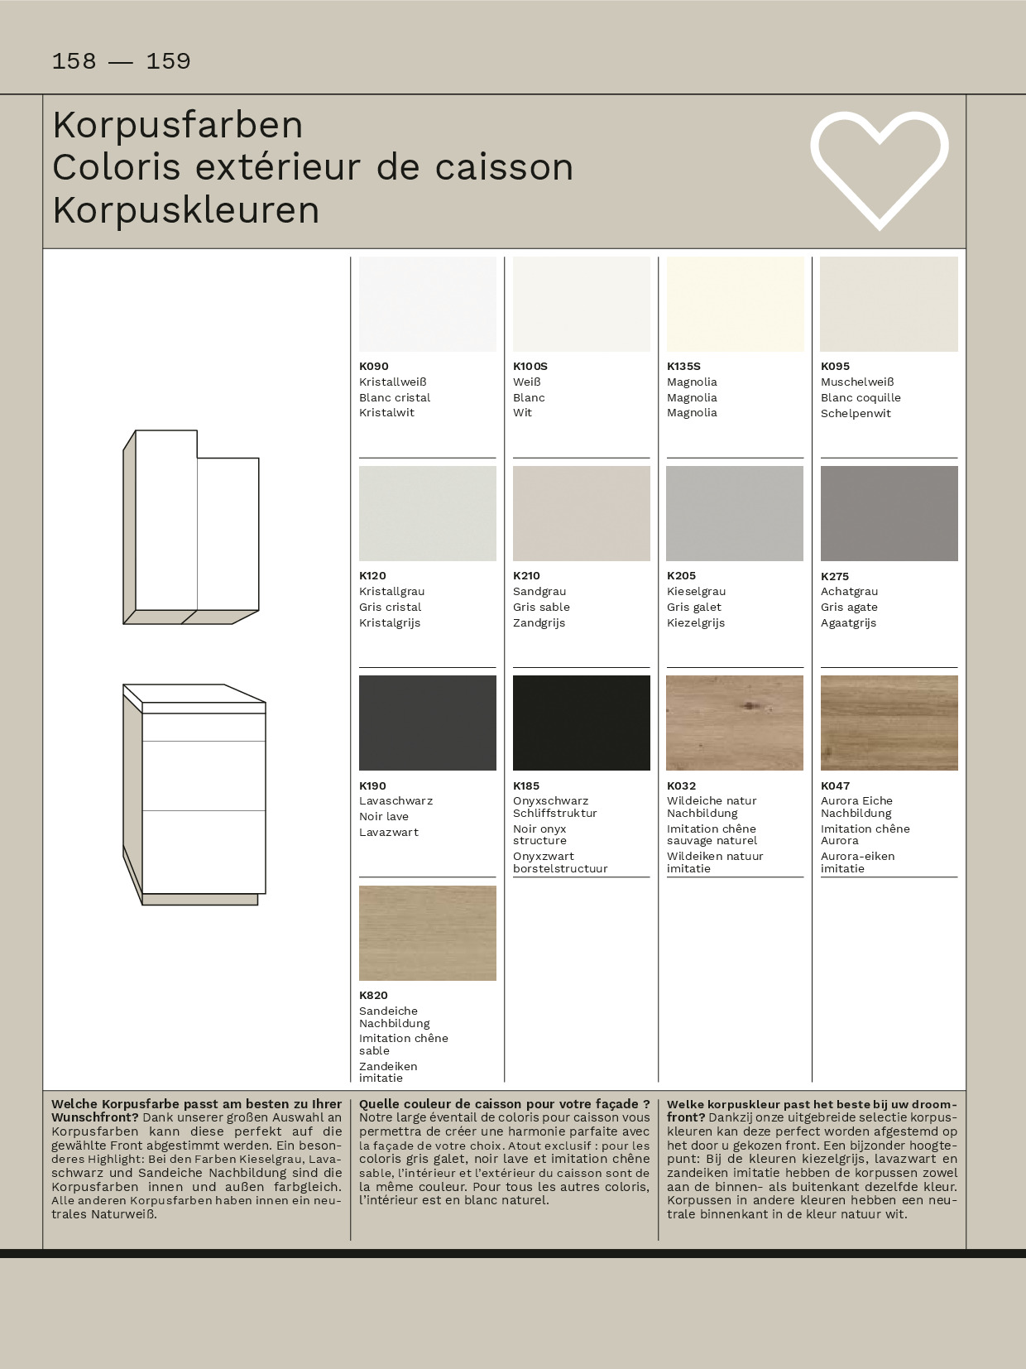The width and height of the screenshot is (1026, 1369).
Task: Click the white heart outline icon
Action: coord(879,169)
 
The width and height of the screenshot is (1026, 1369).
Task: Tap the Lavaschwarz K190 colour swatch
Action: coord(427,723)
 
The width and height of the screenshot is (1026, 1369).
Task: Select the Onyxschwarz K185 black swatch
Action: coord(581,723)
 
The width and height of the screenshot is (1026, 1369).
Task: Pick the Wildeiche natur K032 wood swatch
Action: coord(735,723)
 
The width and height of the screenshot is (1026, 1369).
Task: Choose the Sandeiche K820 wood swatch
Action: coord(427,933)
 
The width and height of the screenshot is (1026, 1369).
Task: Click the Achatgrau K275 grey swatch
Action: coord(889,513)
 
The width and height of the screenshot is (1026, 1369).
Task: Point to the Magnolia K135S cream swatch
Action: coord(735,304)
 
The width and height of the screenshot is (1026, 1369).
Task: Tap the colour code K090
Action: coord(374,366)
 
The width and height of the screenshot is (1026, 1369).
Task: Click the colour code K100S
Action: coord(530,366)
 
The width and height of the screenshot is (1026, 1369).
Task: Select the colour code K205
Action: coord(682,575)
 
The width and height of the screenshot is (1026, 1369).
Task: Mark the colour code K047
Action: coord(836,785)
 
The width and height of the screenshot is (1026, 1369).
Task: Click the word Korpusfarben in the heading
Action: coord(178,125)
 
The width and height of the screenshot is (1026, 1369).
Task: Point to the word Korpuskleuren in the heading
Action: coord(186,210)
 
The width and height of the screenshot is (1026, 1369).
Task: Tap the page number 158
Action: coord(74,61)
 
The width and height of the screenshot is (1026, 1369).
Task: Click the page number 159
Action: coord(168,61)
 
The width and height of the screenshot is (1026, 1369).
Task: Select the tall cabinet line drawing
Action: coord(192,527)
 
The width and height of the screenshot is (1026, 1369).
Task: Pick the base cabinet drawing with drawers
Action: coord(195,795)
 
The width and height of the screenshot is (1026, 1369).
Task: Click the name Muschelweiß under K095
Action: coord(857,382)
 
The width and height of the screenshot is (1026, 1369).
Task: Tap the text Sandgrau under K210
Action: coord(539,591)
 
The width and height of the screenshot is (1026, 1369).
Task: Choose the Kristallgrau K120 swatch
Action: coord(427,513)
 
